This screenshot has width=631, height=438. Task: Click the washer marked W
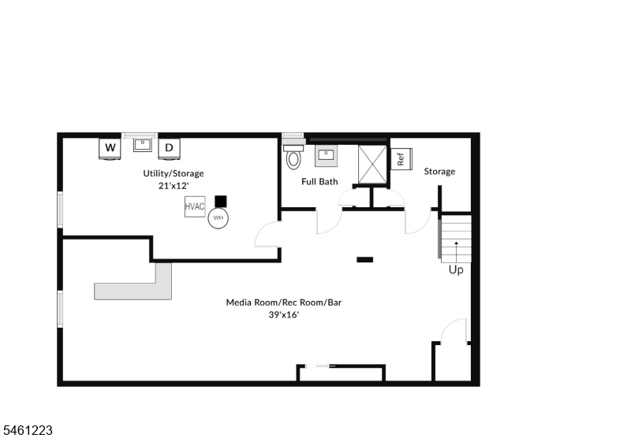110,149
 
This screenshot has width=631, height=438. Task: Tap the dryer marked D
169,149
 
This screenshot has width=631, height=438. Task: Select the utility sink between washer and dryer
143,145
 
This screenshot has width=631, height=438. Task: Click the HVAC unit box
195,206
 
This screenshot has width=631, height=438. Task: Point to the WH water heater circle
218,218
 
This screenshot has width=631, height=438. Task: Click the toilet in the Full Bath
293,157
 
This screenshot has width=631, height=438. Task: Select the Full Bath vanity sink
326,156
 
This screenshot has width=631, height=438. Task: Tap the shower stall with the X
372,165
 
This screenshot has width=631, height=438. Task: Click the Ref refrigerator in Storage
401,159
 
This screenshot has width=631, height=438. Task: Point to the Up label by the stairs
456,270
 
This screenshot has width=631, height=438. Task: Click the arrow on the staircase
457,252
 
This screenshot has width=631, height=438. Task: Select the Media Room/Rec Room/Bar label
284,303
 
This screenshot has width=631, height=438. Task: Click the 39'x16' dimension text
284,314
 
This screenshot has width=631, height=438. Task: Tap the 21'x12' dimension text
174,186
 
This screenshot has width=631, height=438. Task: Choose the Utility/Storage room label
174,173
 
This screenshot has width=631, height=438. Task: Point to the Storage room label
439,172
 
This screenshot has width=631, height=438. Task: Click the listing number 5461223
26,430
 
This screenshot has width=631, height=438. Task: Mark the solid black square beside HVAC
221,202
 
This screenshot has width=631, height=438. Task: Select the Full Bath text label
319,182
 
